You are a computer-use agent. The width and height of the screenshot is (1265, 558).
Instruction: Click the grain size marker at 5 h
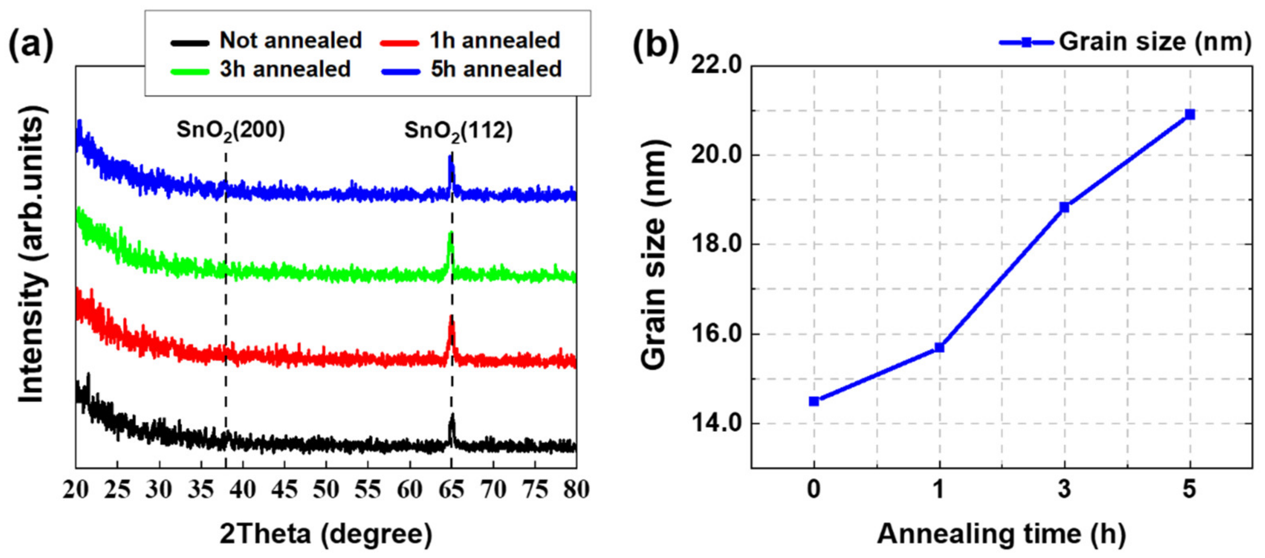tap(1189, 114)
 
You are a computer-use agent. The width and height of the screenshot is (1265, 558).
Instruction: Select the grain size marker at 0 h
tap(814, 402)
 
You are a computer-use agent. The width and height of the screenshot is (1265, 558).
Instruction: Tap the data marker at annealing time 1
tap(939, 347)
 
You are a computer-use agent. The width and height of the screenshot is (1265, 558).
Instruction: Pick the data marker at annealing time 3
tap(1064, 207)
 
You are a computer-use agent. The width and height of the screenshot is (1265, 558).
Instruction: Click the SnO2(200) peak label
tap(230, 131)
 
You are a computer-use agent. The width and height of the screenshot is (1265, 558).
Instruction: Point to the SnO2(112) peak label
tap(458, 131)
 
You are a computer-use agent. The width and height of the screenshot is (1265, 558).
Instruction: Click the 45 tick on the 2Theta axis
tap(284, 490)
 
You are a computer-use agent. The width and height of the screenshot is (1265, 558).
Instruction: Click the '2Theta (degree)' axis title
tap(326, 534)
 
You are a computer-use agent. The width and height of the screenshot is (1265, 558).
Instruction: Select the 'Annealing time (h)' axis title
tap(1001, 534)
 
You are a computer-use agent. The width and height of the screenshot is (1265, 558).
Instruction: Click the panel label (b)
tap(655, 45)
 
